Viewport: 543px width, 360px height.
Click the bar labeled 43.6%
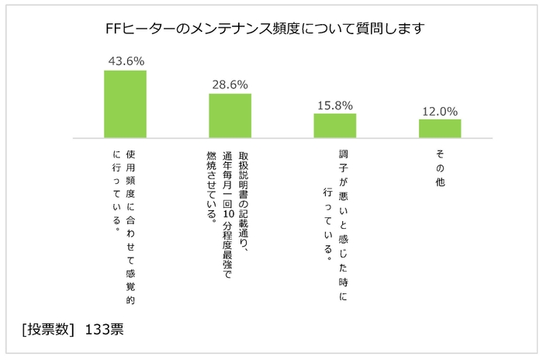pyautogui.click(x=125, y=104)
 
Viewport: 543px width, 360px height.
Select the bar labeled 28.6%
pyautogui.click(x=230, y=116)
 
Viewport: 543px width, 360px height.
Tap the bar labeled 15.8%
pyautogui.click(x=334, y=126)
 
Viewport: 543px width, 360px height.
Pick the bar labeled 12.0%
pyautogui.click(x=440, y=129)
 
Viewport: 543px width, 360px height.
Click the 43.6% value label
pyautogui.click(x=125, y=60)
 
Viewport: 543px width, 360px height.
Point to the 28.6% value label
pyautogui.click(x=230, y=83)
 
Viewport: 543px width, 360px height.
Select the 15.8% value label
pyautogui.click(x=334, y=104)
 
